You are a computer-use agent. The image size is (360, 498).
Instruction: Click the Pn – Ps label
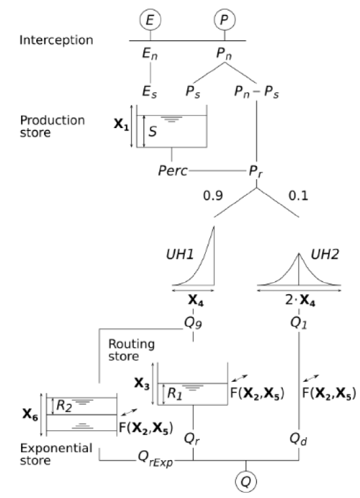257,93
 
